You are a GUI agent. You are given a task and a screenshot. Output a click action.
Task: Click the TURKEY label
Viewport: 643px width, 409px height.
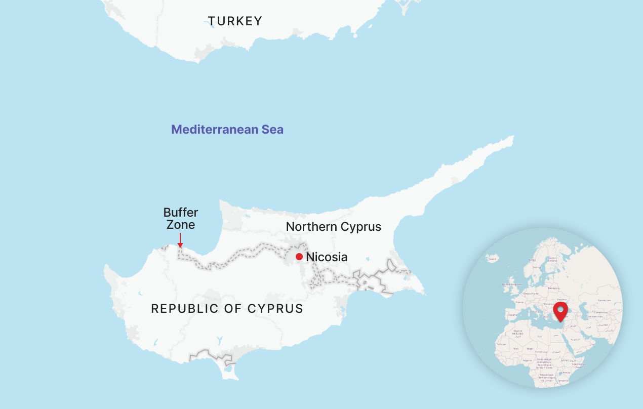pyautogui.click(x=235, y=21)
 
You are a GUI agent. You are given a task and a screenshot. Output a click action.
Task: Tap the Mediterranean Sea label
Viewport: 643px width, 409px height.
pyautogui.click(x=227, y=130)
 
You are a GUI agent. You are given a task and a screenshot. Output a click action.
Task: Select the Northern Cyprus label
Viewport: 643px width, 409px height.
pyautogui.click(x=333, y=226)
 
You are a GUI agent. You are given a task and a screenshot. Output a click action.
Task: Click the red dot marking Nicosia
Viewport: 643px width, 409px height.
pyautogui.click(x=299, y=257)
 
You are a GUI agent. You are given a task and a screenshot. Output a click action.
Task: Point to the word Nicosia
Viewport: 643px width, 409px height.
pyautogui.click(x=327, y=257)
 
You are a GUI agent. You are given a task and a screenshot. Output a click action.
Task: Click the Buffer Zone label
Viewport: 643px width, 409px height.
pyautogui.click(x=181, y=218)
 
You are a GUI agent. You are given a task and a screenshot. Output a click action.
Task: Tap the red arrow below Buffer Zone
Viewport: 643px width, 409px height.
pyautogui.click(x=180, y=240)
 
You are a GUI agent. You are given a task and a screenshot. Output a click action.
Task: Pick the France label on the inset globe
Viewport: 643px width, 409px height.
pyautogui.click(x=519, y=302)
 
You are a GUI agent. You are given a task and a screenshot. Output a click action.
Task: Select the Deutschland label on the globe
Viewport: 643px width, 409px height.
pyautogui.click(x=531, y=293)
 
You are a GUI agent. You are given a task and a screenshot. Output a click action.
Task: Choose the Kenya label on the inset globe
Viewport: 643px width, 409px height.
pyautogui.click(x=566, y=373)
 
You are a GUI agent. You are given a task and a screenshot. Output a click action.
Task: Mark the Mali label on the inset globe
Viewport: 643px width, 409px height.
pyautogui.click(x=516, y=348)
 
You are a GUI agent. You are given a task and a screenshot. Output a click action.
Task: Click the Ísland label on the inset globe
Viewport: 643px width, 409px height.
pyautogui.click(x=491, y=258)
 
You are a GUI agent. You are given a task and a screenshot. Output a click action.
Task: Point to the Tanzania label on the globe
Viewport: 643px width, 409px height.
pyautogui.click(x=562, y=380)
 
